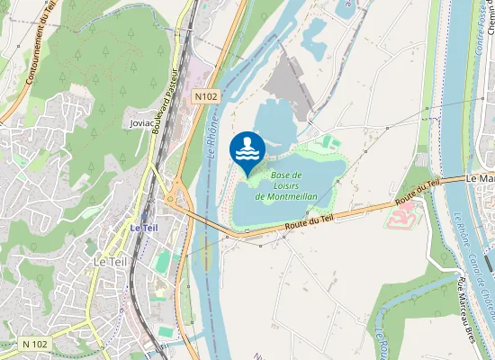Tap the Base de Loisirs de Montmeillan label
[x=284, y=184]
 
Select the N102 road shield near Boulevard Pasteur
[x=206, y=94]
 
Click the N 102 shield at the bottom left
[x=35, y=343]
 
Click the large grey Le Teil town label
[x=111, y=261]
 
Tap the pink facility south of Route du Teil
[x=405, y=214]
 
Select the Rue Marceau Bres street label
[x=465, y=310]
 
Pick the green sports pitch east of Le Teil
[x=163, y=261]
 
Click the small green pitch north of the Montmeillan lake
[x=329, y=141]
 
